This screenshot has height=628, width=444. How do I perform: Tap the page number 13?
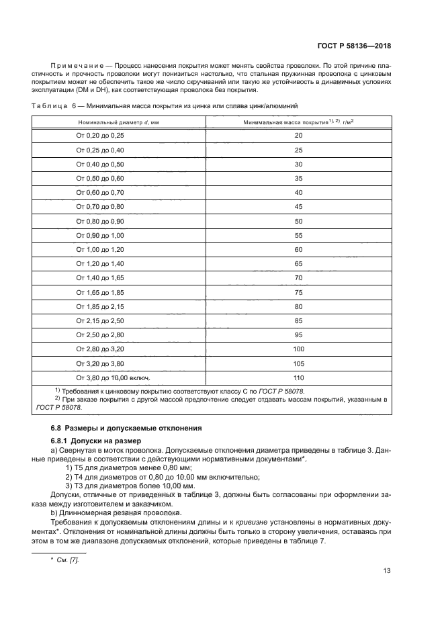point(387,571)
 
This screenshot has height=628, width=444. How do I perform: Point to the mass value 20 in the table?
point(298,136)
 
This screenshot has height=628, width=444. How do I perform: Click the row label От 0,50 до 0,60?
point(100,178)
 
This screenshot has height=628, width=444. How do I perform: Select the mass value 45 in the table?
point(298,206)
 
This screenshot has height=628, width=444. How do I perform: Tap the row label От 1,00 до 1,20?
point(100,249)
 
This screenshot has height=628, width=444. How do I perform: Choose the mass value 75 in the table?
point(298,292)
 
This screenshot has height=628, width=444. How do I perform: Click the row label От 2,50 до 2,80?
point(100,334)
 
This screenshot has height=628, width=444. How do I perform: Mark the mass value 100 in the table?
point(298,349)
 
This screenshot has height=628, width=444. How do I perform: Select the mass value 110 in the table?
point(298,377)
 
